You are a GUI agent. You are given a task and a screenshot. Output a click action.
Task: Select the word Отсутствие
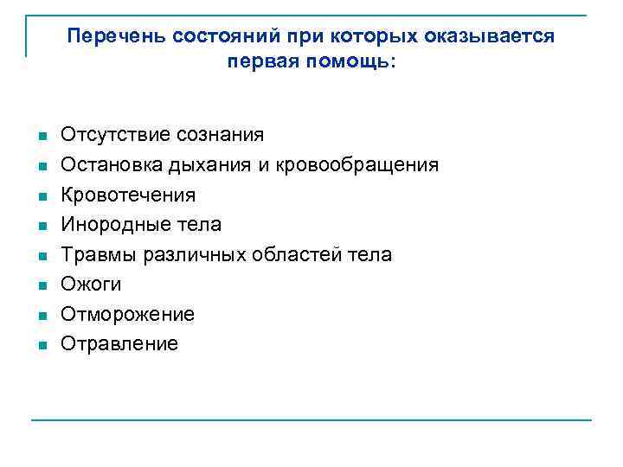click(115, 135)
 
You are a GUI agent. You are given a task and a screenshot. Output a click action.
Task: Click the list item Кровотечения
click(128, 195)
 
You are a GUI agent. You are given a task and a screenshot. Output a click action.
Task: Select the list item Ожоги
click(91, 285)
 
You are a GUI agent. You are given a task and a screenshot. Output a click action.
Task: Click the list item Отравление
click(119, 344)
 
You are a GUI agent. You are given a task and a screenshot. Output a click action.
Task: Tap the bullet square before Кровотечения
click(41, 196)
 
